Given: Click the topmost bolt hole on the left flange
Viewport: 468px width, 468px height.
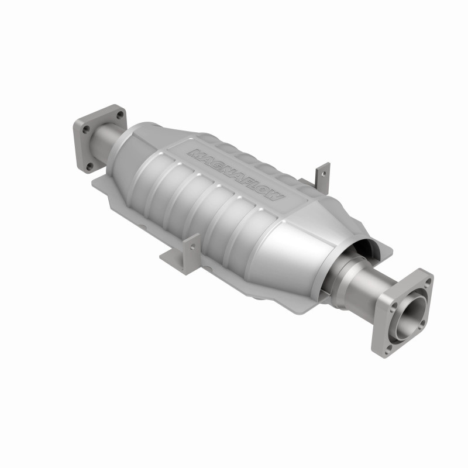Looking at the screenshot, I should point(119,115).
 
